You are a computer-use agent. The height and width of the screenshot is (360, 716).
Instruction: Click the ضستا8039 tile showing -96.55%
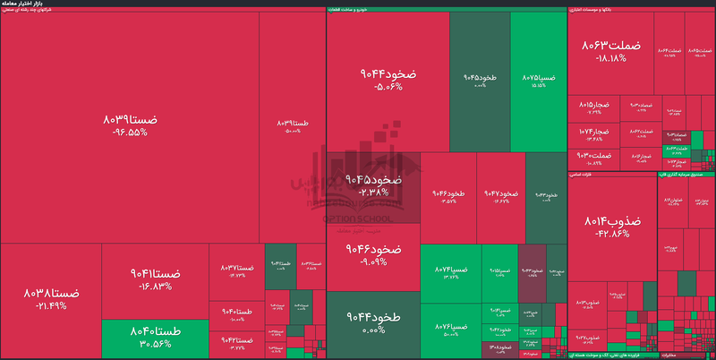click(x=130, y=125)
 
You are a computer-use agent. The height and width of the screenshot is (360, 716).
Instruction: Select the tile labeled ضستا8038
click(x=51, y=298)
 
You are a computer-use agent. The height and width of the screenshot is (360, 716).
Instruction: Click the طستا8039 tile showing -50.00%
click(x=293, y=125)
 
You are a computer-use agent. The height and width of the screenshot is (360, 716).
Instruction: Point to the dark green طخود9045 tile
click(x=480, y=81)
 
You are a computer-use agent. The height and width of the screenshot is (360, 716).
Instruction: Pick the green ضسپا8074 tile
click(x=451, y=273)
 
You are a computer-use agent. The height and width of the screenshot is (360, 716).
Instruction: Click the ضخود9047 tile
click(x=500, y=197)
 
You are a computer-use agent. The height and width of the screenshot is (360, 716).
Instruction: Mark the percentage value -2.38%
click(x=372, y=192)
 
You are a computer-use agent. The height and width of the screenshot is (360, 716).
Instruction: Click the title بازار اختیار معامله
click(x=24, y=4)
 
